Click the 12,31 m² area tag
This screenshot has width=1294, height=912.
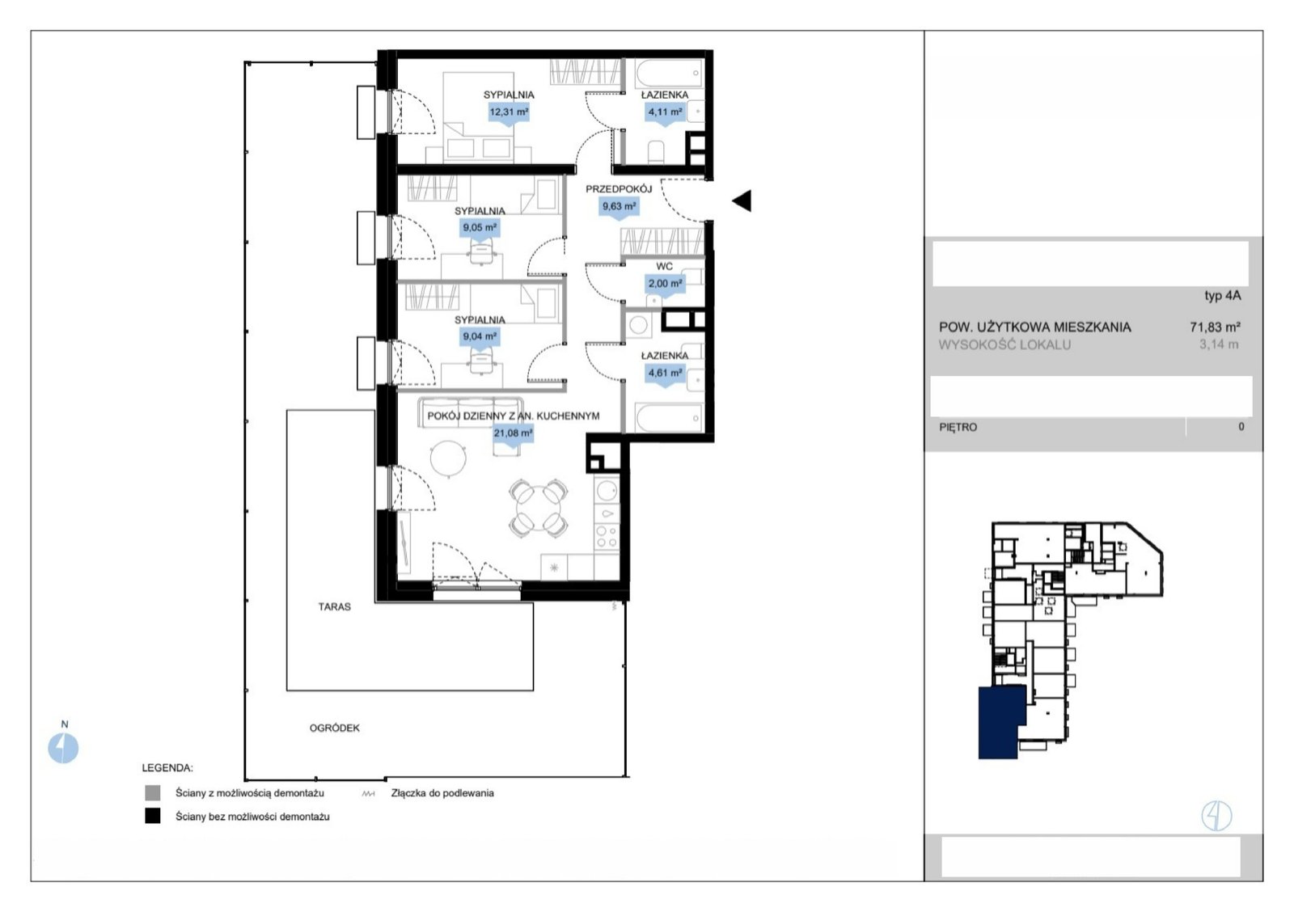tap(509, 112)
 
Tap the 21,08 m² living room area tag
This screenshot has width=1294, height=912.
tap(513, 433)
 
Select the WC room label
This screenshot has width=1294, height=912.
tap(664, 266)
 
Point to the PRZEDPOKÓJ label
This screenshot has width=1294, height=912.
tap(619, 189)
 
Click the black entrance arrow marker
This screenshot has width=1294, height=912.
tap(742, 201)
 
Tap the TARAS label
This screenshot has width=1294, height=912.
tap(335, 606)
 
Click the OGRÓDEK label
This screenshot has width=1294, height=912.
tap(335, 728)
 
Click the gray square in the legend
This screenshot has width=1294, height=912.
tap(153, 793)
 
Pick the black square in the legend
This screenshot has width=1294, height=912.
tap(153, 816)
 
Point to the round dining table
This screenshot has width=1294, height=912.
tap(539, 509)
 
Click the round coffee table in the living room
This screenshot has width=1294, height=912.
tap(448, 458)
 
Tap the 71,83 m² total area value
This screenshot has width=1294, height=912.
tap(1216, 327)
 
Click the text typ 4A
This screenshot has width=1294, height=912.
tap(1223, 295)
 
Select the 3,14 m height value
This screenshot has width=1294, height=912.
tap(1219, 344)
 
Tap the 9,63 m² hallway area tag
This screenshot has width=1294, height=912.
tap(620, 206)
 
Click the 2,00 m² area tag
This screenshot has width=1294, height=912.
tap(665, 284)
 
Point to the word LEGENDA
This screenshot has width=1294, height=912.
tap(167, 767)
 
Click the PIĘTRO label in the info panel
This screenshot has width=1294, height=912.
tap(958, 428)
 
